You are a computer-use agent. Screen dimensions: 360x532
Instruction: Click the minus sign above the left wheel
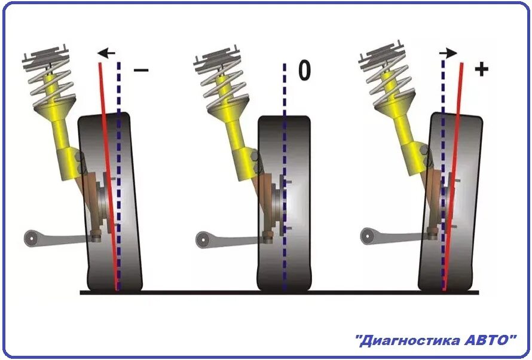tap(141, 71)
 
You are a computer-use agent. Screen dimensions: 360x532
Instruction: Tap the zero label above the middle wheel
tap(304, 71)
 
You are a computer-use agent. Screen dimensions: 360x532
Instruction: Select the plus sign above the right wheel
tap(481, 69)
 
